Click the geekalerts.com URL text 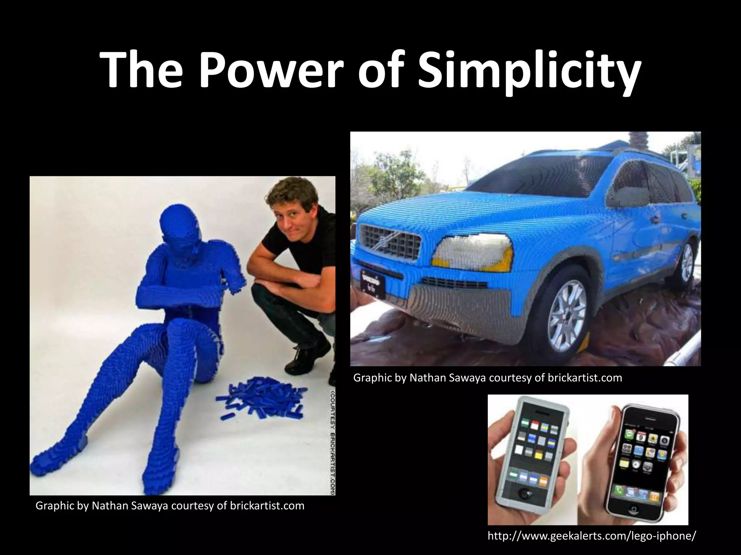pos(591,536)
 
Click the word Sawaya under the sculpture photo pos(148,506)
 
